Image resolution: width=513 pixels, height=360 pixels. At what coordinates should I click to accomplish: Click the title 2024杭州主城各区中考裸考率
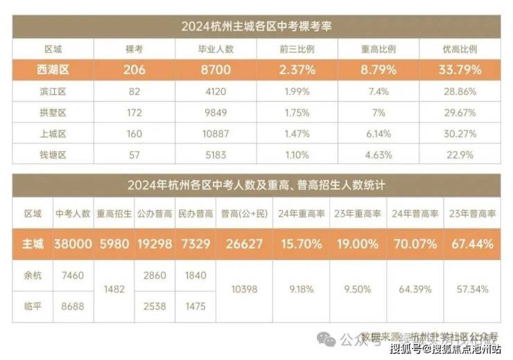pyautogui.click(x=256, y=27)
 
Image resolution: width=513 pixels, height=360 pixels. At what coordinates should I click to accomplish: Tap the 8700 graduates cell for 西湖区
pyautogui.click(x=215, y=70)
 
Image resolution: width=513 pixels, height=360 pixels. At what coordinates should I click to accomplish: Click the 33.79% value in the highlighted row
pyautogui.click(x=460, y=70)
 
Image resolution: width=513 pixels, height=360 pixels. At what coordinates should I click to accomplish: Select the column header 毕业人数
pyautogui.click(x=215, y=50)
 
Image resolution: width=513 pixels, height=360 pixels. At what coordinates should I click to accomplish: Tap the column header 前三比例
pyautogui.click(x=297, y=50)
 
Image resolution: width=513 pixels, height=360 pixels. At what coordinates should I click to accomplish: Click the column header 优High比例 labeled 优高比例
pyautogui.click(x=460, y=50)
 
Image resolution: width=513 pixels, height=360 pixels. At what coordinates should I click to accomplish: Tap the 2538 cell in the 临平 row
pyautogui.click(x=155, y=306)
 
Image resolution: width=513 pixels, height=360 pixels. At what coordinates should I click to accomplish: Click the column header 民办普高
pyautogui.click(x=195, y=214)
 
